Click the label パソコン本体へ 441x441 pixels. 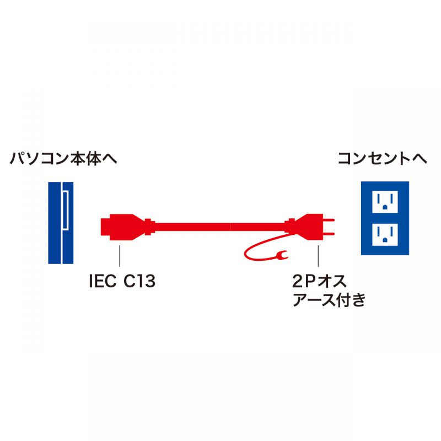(x=63, y=159)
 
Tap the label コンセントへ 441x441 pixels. (x=382, y=159)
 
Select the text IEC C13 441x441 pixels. (x=122, y=281)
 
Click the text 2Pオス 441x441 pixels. (x=319, y=281)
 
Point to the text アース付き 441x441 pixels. (x=329, y=299)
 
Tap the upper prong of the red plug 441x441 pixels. (x=329, y=219)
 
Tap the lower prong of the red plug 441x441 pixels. (x=329, y=233)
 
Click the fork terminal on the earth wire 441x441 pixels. (x=282, y=255)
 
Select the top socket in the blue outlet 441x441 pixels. (x=385, y=202)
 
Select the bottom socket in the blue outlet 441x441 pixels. (x=385, y=235)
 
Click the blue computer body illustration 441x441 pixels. (x=61, y=223)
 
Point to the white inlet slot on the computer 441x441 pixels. (x=65, y=211)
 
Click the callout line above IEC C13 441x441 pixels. (x=120, y=256)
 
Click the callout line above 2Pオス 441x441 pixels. (x=318, y=256)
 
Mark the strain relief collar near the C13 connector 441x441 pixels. (x=149, y=227)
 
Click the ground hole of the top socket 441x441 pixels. (x=385, y=207)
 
